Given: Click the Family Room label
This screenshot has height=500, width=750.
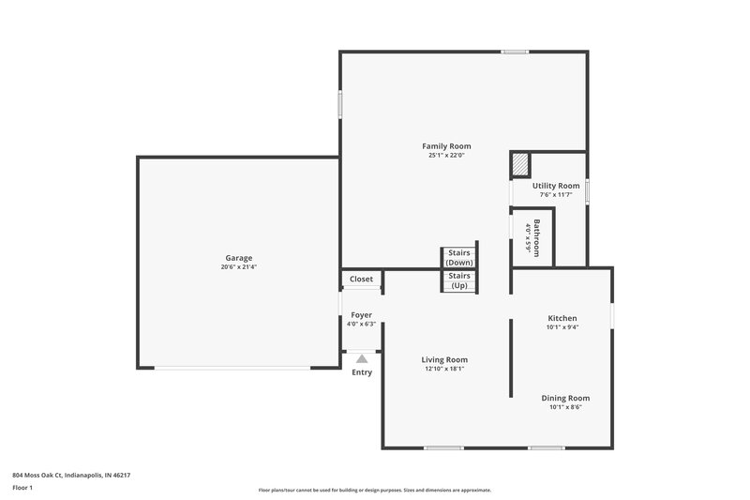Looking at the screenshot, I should [x=446, y=146].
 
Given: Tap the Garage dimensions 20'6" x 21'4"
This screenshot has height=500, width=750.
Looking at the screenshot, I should [x=238, y=267].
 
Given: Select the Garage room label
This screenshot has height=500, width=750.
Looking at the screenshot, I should [x=238, y=258].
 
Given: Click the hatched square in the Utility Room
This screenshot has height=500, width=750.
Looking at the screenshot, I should [x=520, y=165].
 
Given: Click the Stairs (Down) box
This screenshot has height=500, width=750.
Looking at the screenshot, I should [x=459, y=257].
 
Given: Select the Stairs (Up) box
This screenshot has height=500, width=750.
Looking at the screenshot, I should [x=459, y=280].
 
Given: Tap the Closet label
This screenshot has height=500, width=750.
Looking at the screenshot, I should [x=361, y=280].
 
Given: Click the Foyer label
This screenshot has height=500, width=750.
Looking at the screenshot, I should [x=361, y=315].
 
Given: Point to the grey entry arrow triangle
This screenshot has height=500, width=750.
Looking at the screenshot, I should [x=361, y=358].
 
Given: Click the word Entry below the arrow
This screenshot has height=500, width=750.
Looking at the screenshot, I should [x=361, y=372].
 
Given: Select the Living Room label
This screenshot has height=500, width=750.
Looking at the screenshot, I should [x=444, y=359].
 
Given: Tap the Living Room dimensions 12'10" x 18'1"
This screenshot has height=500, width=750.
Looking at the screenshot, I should [x=444, y=369].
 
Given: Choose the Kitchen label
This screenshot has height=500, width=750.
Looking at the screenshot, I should [x=562, y=318].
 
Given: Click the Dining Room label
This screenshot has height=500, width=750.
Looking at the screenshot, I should [x=565, y=398].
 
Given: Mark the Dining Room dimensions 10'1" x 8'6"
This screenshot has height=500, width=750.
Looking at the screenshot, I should [x=565, y=407].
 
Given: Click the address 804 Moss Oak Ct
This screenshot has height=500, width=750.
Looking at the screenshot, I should [x=71, y=476].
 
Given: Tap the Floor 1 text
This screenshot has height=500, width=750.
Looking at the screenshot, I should [x=22, y=489].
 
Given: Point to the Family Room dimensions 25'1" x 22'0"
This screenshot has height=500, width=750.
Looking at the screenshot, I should [x=446, y=156].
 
